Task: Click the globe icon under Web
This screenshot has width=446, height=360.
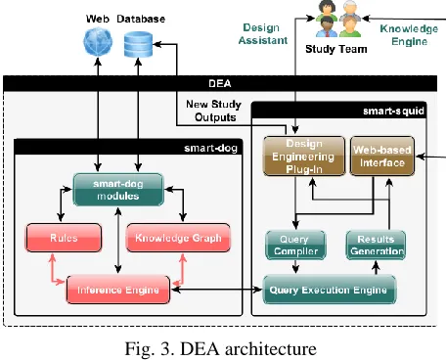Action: (x=98, y=42)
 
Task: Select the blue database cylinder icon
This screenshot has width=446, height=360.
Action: (x=138, y=44)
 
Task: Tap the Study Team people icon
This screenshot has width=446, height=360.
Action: (x=338, y=19)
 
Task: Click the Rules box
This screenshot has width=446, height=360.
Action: (x=64, y=238)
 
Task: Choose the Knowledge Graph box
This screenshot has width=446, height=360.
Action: (x=178, y=238)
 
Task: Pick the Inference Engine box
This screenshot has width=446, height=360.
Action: (x=118, y=290)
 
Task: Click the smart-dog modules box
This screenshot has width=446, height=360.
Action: (x=118, y=190)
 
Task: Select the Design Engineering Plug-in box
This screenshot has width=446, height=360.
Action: (x=304, y=157)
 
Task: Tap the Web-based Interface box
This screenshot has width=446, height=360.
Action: (x=382, y=157)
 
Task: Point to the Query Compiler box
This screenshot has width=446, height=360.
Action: (x=295, y=246)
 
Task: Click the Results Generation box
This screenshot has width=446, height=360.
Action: (x=376, y=246)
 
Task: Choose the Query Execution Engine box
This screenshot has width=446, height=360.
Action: (x=330, y=290)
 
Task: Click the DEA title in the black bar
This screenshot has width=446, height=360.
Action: (x=220, y=83)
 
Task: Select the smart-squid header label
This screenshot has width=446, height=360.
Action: (x=393, y=112)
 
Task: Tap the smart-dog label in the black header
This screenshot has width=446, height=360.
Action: (x=210, y=148)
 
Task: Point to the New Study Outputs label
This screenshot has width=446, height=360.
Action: (x=214, y=111)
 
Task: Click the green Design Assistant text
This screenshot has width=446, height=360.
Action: (x=263, y=34)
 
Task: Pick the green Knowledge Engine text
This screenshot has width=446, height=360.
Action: (x=409, y=35)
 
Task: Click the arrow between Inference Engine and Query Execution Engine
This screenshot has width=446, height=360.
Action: (x=217, y=290)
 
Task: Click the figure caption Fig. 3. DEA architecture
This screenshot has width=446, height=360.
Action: (x=221, y=348)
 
